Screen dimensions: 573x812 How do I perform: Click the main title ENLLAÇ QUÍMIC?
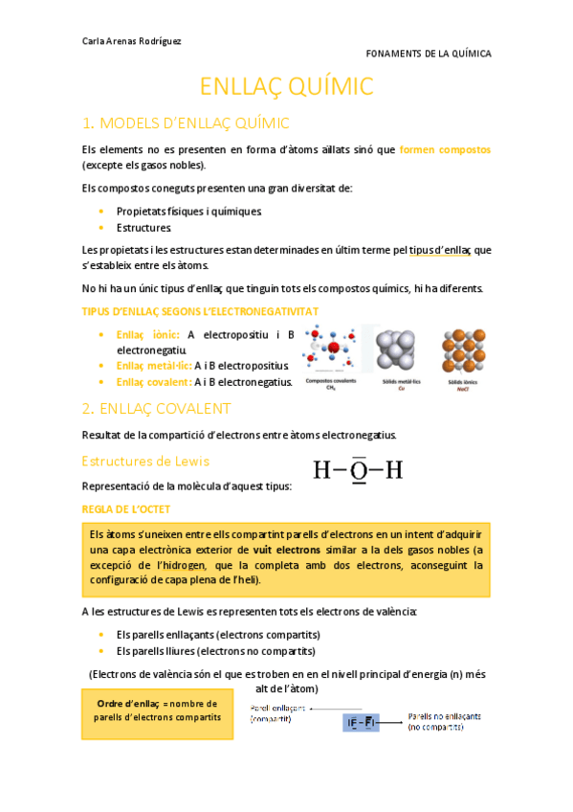tap(286, 86)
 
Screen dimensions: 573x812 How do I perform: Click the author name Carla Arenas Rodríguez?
tap(132, 40)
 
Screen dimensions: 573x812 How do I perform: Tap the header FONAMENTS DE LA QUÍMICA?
tap(429, 54)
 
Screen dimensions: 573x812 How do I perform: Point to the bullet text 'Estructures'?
tap(143, 228)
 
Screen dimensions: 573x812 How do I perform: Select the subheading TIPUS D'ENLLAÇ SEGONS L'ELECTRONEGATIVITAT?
tap(201, 311)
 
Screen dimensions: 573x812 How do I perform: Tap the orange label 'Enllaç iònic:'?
tap(147, 334)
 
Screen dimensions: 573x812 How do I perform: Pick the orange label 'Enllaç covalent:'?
tap(153, 382)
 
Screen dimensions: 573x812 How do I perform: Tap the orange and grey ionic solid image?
tap(463, 350)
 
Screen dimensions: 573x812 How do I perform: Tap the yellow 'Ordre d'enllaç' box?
tap(158, 710)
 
